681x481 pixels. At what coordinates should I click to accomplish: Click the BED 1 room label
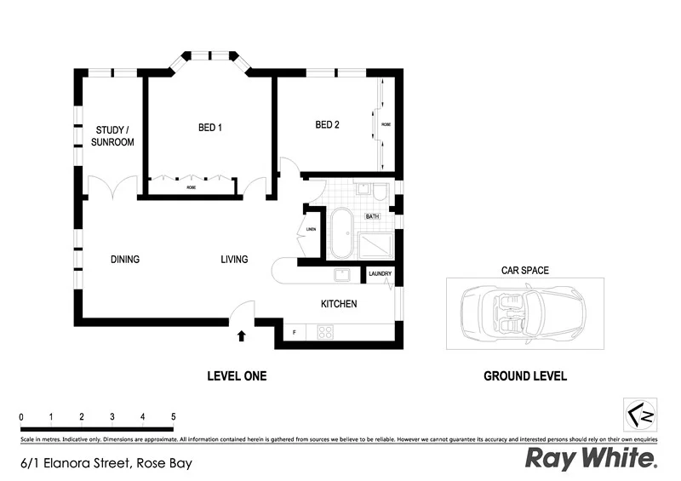coord(210,128)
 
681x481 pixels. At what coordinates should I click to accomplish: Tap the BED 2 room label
coord(328,124)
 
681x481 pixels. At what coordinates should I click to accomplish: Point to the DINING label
coord(124,260)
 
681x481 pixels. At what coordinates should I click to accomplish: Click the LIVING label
coord(234,260)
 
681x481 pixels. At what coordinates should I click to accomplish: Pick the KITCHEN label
coord(338,304)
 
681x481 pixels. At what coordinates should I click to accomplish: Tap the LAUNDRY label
coord(380,274)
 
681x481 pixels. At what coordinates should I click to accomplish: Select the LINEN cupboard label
coord(311,229)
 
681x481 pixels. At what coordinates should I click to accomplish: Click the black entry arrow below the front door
coord(242,335)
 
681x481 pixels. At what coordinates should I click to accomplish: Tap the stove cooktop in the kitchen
coord(326,333)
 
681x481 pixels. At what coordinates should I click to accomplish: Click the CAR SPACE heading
coord(524,271)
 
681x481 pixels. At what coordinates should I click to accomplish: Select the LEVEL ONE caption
coord(237,375)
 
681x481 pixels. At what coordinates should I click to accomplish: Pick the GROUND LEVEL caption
coord(524,375)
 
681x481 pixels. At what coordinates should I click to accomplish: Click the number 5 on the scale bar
coord(174,417)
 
